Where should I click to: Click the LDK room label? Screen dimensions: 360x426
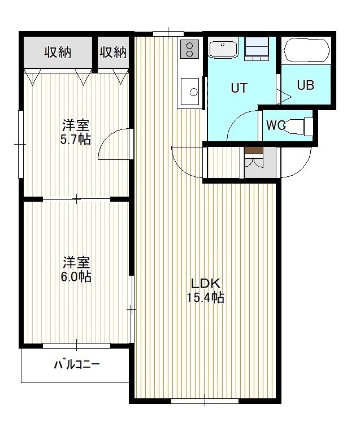click(205, 284)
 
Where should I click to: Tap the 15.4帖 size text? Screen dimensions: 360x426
click(205, 298)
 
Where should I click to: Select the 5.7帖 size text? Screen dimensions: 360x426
click(75, 140)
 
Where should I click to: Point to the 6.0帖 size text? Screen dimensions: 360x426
click(76, 276)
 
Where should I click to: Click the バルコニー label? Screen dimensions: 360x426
click(77, 364)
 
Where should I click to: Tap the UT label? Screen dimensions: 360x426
click(239, 88)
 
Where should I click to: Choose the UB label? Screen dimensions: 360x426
click(306, 85)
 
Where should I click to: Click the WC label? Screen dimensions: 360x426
click(275, 125)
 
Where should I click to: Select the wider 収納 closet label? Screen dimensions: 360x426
click(58, 52)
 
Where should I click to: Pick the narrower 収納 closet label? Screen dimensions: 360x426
click(113, 52)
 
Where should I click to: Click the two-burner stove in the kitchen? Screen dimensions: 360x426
click(190, 49)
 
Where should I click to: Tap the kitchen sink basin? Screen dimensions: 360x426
click(190, 92)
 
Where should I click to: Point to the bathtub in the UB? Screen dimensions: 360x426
click(307, 50)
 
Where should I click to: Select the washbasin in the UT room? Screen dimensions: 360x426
click(223, 50)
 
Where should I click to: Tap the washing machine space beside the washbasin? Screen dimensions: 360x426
click(257, 49)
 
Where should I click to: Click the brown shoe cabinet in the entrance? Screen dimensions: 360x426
click(254, 150)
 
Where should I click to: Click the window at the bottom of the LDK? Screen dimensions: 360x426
click(205, 401)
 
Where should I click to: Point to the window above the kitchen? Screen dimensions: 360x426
click(168, 34)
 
